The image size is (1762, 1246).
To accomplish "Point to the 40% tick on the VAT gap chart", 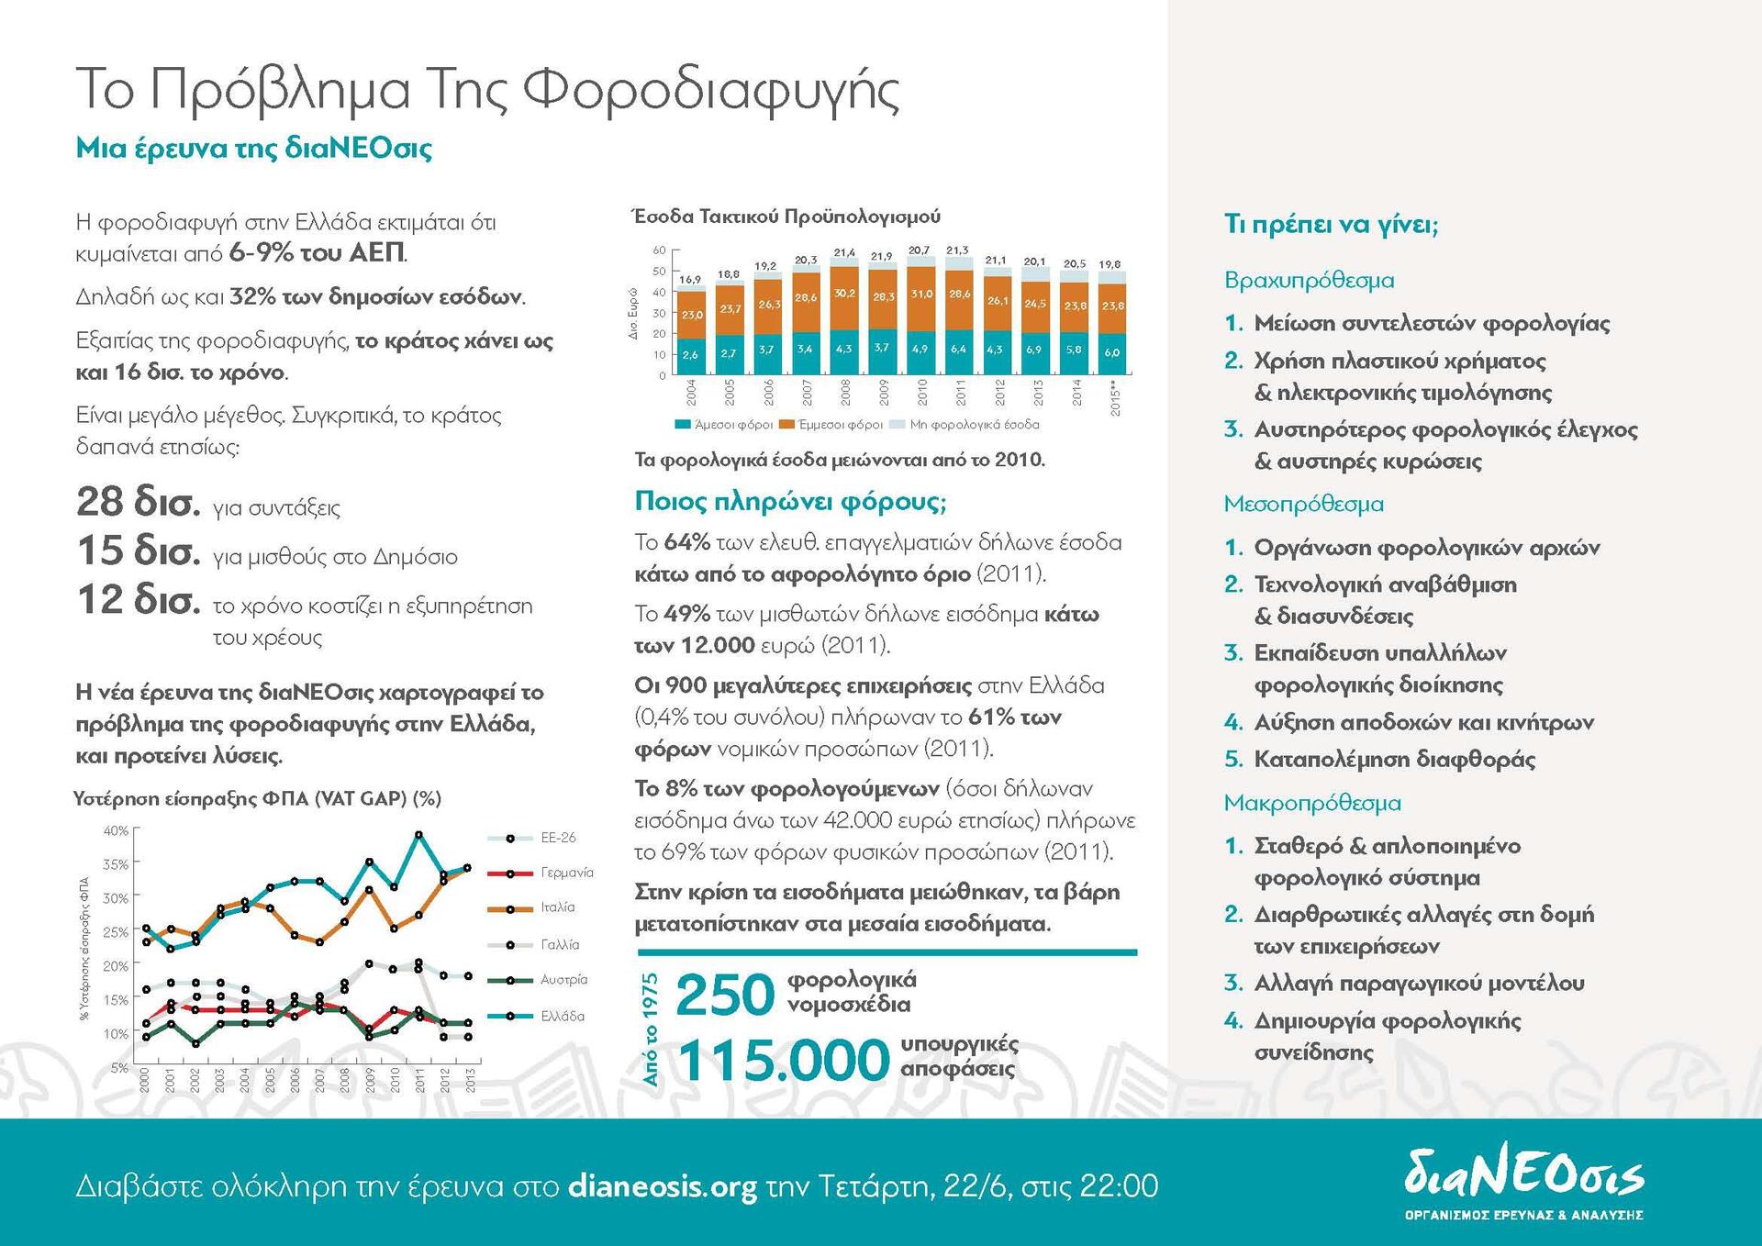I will [116, 830].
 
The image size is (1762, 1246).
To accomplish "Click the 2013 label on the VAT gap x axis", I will [471, 1079].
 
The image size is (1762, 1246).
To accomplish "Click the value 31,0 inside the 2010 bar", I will [921, 295].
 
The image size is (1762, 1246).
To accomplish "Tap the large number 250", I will [725, 995].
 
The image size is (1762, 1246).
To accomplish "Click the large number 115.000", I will [784, 1061].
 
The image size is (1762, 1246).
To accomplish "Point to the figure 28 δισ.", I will [138, 502].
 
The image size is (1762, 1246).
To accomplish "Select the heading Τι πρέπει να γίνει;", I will [1331, 224].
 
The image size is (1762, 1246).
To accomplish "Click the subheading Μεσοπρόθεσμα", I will [1303, 504].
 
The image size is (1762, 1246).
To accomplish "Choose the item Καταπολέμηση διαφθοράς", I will [1394, 759].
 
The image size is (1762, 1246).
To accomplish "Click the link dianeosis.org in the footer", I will [663, 1186].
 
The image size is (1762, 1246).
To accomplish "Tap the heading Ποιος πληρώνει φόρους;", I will [790, 501].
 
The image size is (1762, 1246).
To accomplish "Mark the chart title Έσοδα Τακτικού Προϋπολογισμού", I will [786, 217].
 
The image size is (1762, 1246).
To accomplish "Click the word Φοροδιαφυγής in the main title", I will [711, 91].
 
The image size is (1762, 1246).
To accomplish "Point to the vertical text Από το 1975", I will [651, 1029].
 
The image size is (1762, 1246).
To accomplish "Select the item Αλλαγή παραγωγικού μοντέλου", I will [1419, 983].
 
